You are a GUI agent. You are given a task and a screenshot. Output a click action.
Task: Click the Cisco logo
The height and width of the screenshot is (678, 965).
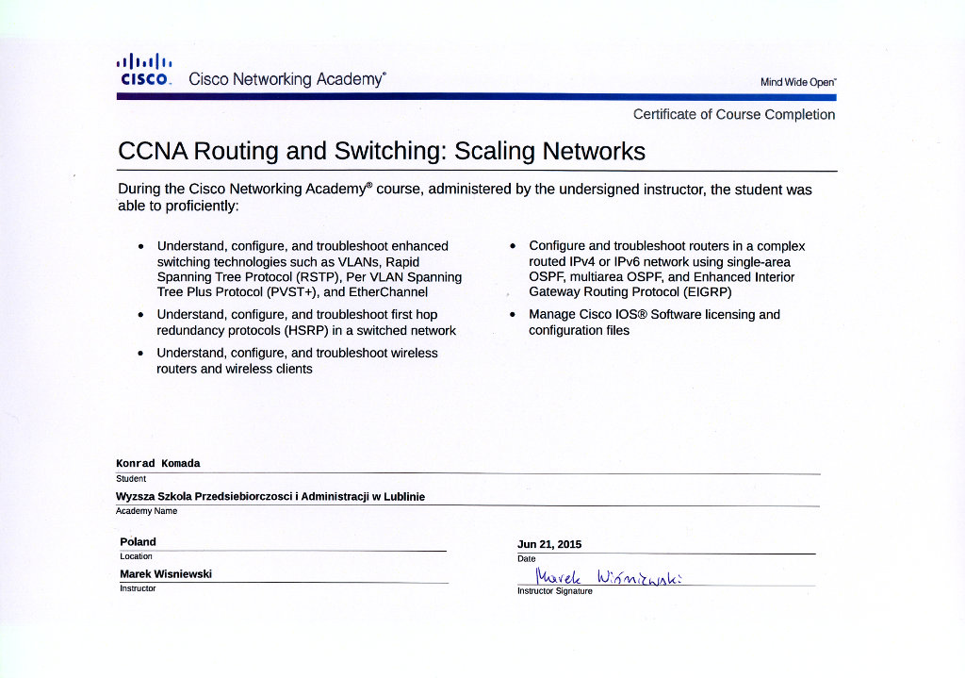(143, 70)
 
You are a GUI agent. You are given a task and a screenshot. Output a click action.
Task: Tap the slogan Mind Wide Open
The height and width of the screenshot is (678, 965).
(797, 82)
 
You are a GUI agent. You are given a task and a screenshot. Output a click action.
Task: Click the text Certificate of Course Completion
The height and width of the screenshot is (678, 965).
(733, 114)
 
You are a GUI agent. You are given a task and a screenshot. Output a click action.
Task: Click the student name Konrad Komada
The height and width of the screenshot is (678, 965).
(157, 463)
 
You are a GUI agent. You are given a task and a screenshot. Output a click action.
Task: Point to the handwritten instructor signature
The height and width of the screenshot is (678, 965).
(608, 575)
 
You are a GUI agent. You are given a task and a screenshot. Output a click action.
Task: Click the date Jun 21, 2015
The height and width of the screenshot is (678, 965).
(549, 544)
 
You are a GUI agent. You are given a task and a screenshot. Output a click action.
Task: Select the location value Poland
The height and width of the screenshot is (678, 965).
(138, 541)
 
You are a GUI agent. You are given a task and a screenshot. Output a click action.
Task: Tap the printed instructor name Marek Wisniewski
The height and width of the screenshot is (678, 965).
(166, 573)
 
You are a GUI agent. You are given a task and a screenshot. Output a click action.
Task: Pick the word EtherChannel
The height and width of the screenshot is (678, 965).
(388, 292)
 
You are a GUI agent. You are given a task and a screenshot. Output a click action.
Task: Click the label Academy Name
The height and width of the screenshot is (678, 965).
(146, 511)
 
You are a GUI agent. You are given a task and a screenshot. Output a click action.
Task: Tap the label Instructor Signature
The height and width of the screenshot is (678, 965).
(555, 591)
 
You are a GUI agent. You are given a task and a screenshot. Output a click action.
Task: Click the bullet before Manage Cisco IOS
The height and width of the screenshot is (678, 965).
(513, 315)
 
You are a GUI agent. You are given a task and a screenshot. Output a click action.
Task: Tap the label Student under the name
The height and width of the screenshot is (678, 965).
(131, 479)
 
